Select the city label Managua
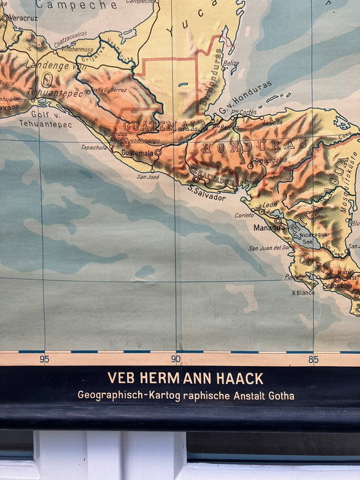269,228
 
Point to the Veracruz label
22,18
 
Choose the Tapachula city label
94,147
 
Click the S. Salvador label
207,198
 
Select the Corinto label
244,216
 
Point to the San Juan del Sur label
269,248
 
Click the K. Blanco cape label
303,292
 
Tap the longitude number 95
44,360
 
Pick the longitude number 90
175,360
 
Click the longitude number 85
313,360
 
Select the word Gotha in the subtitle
281,395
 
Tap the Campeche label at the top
76,5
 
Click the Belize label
231,64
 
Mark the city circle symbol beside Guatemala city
157,153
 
